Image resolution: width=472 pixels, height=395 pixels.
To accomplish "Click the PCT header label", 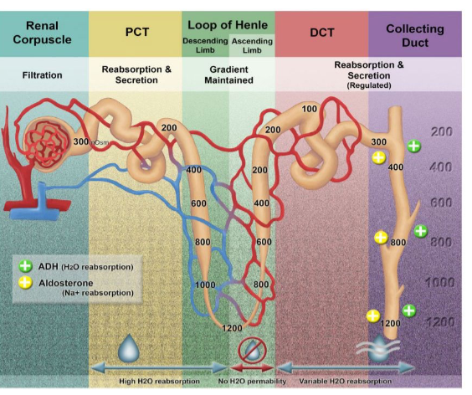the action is [x=137, y=32].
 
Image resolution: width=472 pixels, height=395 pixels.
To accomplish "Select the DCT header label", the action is [x=322, y=33].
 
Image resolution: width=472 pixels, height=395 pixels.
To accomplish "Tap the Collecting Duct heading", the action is [x=415, y=35].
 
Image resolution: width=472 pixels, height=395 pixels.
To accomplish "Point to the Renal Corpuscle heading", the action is [x=42, y=33].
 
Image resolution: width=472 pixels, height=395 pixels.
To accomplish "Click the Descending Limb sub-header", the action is [x=205, y=45].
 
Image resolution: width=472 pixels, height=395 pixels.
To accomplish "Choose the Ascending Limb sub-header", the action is [x=252, y=46].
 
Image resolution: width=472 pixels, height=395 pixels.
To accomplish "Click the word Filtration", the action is [x=42, y=75].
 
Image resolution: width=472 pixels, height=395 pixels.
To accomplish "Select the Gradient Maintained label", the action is [x=228, y=75].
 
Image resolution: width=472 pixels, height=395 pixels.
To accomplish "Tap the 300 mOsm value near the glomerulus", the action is [x=90, y=141].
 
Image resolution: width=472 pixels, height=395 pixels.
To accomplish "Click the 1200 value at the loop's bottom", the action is [x=232, y=328].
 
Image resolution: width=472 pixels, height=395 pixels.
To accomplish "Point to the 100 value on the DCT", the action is [x=310, y=109].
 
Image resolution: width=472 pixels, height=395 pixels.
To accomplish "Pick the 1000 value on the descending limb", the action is [x=205, y=285].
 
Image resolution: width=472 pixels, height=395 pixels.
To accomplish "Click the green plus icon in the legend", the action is [x=25, y=266].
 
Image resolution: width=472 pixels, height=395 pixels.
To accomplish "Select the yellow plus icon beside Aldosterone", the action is [x=25, y=283].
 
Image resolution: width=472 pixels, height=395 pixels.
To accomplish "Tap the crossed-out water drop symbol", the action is [x=252, y=351].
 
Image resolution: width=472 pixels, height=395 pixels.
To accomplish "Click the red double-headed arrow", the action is [x=252, y=368].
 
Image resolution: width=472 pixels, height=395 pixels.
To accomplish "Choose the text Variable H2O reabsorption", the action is [x=346, y=381].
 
